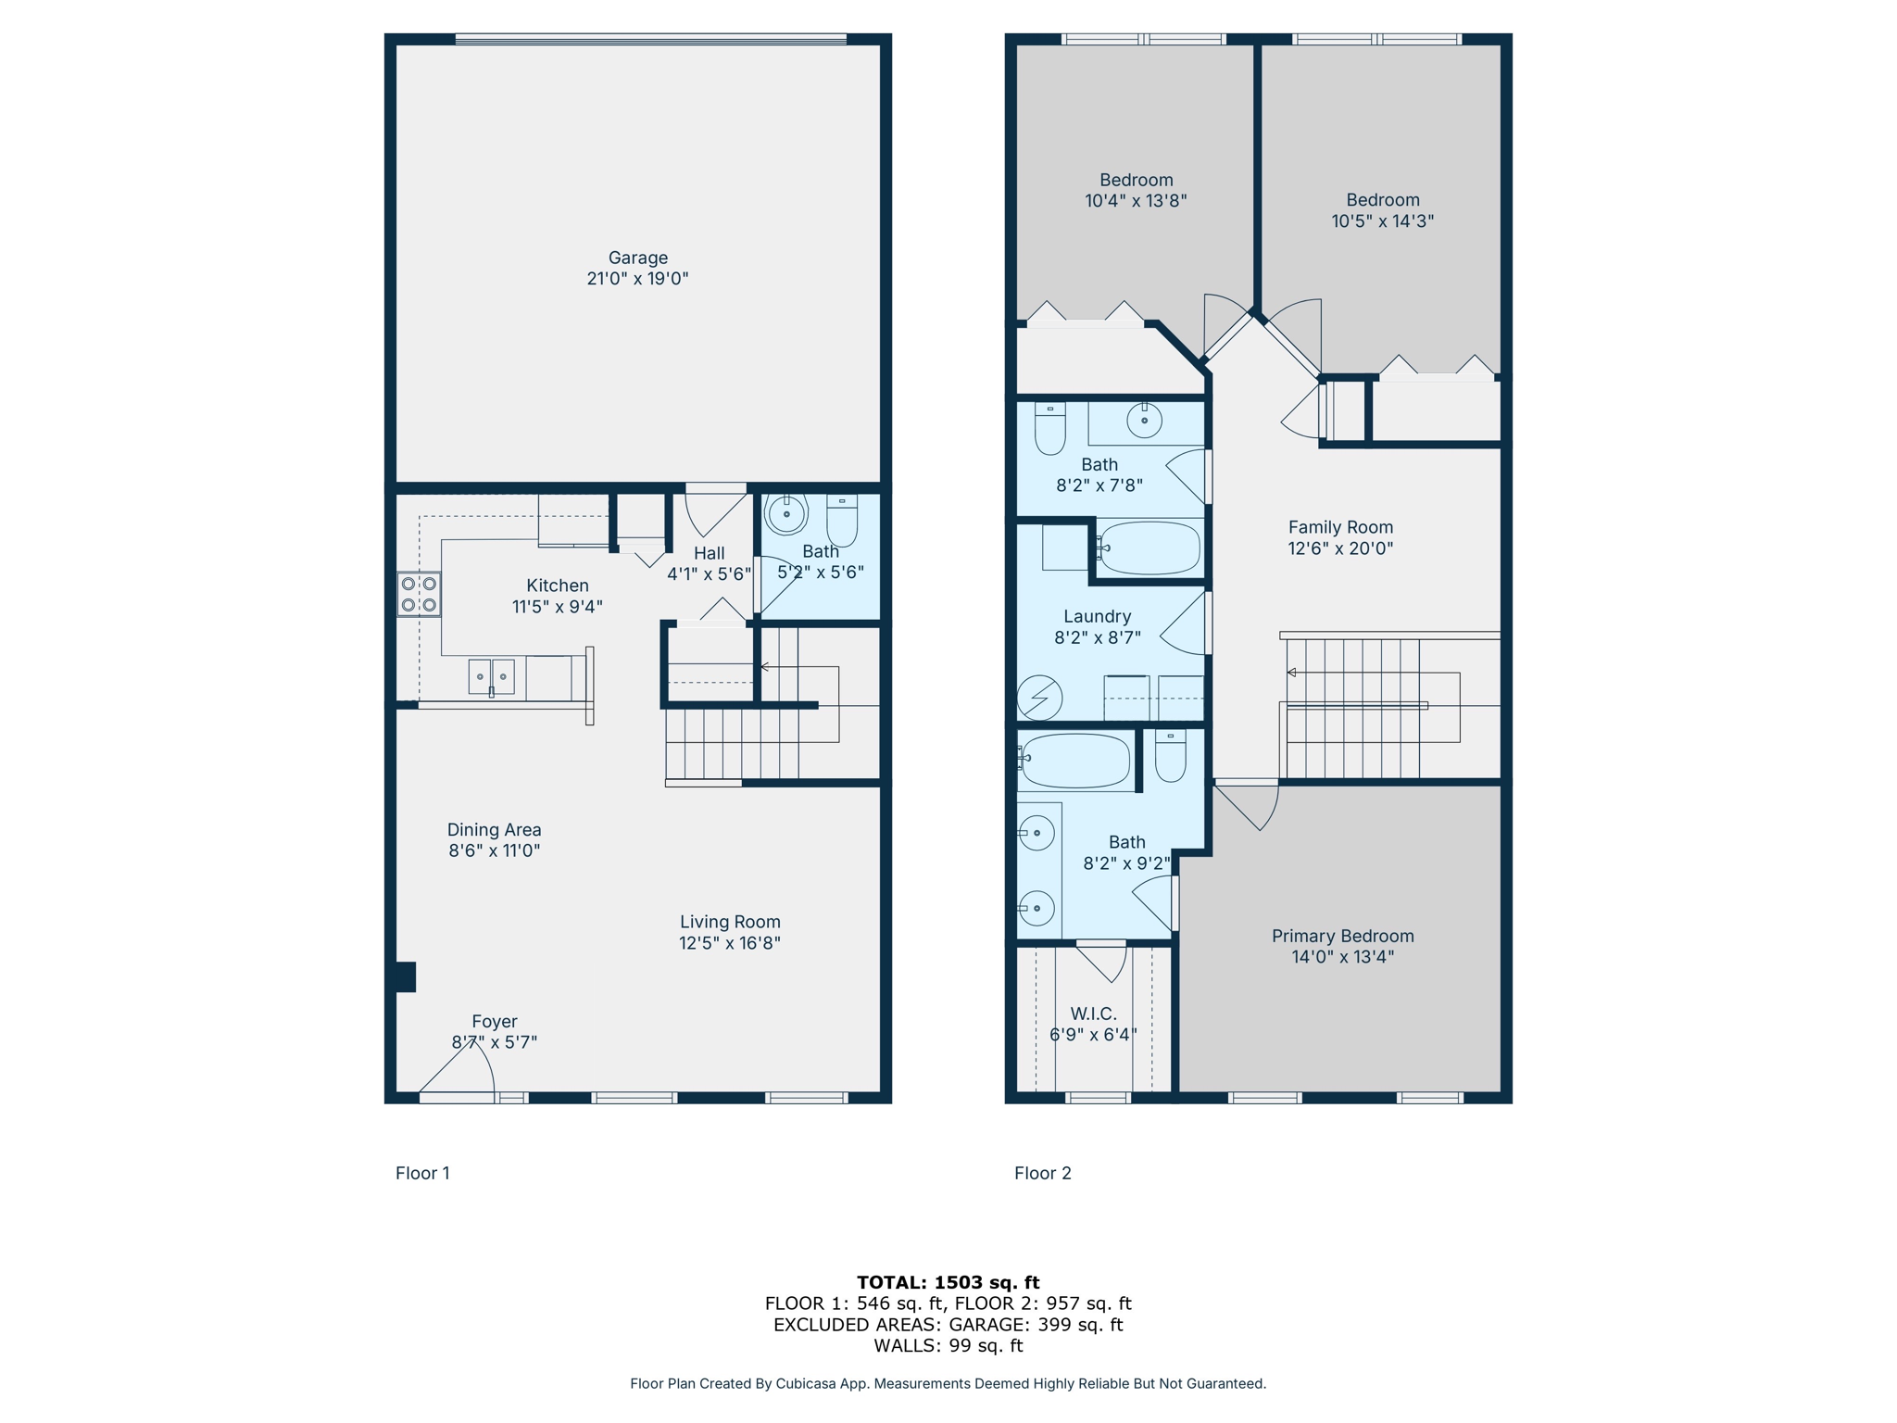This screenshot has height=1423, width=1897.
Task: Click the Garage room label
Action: pyautogui.click(x=637, y=258)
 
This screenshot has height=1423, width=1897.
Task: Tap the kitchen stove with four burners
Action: pyautogui.click(x=419, y=594)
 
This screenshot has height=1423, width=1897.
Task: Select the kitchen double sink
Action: pyautogui.click(x=491, y=676)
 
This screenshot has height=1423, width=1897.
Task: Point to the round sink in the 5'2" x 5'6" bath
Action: pyautogui.click(x=786, y=513)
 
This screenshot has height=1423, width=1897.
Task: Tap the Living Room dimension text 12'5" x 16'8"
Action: pyautogui.click(x=730, y=943)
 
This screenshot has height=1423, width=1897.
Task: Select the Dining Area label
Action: pyautogui.click(x=494, y=830)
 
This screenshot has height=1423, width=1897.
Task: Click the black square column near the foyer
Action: pyautogui.click(x=406, y=977)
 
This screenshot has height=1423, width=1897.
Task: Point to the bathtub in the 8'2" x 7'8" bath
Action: pyautogui.click(x=1149, y=548)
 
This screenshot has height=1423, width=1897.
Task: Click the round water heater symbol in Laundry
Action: pyautogui.click(x=1039, y=698)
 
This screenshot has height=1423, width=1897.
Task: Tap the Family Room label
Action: pyautogui.click(x=1340, y=527)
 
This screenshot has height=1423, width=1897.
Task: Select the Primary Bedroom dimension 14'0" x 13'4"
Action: pyautogui.click(x=1342, y=957)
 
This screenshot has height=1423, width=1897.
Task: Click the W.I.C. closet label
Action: pyautogui.click(x=1093, y=1014)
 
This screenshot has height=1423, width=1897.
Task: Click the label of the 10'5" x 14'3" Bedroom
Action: pyautogui.click(x=1382, y=200)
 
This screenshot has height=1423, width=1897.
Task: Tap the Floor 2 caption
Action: pyautogui.click(x=1042, y=1173)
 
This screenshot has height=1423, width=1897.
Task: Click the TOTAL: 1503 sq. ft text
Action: pyautogui.click(x=948, y=1282)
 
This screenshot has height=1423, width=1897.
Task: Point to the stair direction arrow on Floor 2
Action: pyautogui.click(x=1292, y=673)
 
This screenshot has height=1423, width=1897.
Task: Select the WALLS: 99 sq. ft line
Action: pyautogui.click(x=948, y=1345)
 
